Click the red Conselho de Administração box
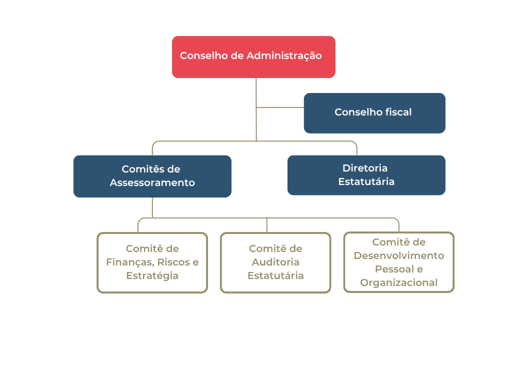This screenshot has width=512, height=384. coord(253,57)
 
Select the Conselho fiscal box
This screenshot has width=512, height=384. coord(374,113)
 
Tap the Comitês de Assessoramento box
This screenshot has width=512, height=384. coord(152,176)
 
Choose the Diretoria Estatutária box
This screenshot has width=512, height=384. coord(366,175)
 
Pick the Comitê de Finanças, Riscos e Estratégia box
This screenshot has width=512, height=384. coord(152,262)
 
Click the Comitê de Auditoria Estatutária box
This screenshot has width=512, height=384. coord(275,262)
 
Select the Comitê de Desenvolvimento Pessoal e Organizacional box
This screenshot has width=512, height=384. coord(399,262)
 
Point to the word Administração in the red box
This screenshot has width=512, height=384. coord(284,56)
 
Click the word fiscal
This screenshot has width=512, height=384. coord(398,112)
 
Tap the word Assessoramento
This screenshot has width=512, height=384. coord(152,182)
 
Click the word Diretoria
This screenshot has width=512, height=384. coord(365,168)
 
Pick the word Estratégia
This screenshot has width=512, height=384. coord(152,276)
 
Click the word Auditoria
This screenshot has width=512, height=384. coord(275,262)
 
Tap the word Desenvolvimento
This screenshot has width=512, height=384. coord(399,255)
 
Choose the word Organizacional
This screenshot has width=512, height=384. coord(399,283)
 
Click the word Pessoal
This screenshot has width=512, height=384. coord(394,269)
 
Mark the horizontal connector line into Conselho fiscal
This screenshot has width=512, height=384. coord(280,107)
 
